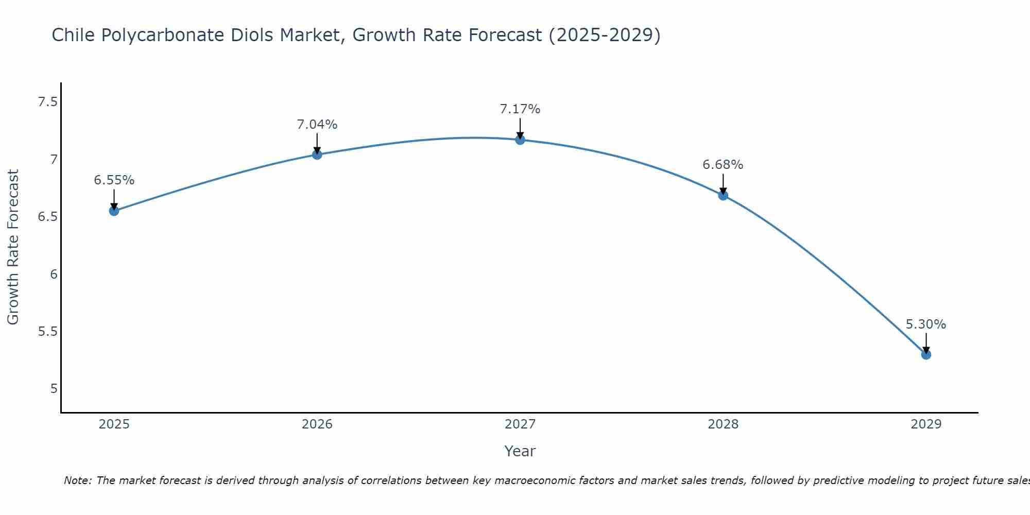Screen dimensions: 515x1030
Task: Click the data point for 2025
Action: [x=114, y=211]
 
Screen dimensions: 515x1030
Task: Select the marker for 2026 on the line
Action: [x=317, y=154]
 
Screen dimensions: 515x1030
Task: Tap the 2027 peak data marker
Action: [x=520, y=140]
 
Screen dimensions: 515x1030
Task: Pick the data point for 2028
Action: [x=723, y=195]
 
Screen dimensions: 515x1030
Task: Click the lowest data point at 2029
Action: [x=926, y=354]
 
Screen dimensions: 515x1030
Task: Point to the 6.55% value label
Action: [x=114, y=180]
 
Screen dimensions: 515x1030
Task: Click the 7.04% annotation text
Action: [x=317, y=125]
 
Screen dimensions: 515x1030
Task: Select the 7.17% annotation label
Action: [x=520, y=109]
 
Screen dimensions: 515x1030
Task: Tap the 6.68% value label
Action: [x=723, y=165]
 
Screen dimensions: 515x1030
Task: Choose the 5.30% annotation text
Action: [x=926, y=324]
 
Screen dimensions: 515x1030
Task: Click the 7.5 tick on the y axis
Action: [x=47, y=102]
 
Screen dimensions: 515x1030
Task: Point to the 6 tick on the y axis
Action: [x=54, y=274]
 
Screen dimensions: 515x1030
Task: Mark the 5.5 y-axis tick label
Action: [x=47, y=331]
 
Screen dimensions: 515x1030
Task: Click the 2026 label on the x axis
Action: [x=317, y=424]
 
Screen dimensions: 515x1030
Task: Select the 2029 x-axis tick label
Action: [x=926, y=424]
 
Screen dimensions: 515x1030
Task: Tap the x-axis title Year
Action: [x=520, y=451]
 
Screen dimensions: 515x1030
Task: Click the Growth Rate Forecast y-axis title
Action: [x=13, y=247]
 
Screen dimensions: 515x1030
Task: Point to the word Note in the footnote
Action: [x=77, y=480]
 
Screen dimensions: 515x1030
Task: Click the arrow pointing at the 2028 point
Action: [x=723, y=184]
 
